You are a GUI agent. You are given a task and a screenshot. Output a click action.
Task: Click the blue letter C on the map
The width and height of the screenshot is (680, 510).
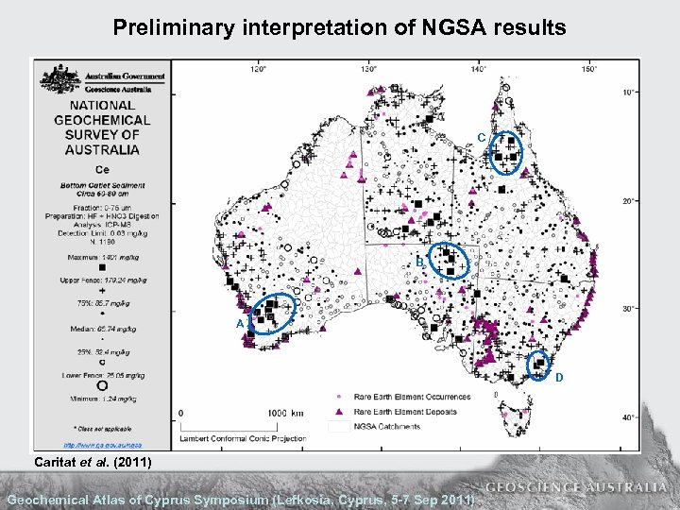[482, 138]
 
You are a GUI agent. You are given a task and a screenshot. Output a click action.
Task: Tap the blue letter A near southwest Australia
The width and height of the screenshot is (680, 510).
[240, 324]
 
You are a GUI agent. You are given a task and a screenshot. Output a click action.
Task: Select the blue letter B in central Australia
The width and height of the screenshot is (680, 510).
[419, 263]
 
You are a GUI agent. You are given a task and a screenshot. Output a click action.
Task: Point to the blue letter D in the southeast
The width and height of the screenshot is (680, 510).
[558, 378]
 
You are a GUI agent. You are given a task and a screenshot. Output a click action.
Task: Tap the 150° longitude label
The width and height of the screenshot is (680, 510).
[589, 68]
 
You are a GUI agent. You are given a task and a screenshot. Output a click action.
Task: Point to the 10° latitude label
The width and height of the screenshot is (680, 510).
[628, 92]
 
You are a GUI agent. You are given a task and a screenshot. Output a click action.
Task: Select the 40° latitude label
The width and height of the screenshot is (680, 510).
[628, 417]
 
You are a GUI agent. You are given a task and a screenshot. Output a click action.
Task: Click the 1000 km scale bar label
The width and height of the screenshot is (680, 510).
[284, 413]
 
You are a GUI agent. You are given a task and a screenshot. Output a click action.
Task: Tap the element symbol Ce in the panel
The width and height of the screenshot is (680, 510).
[102, 169]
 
